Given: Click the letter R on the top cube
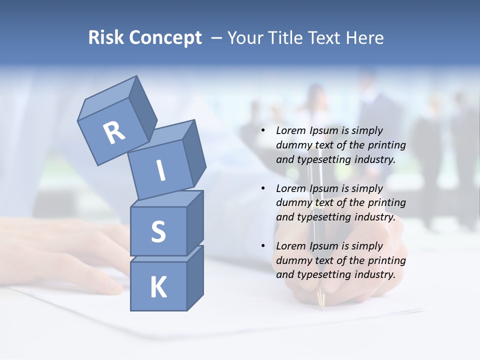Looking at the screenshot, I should [x=114, y=133].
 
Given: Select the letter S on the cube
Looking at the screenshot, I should [x=158, y=231].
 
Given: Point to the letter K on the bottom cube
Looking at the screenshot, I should [x=158, y=287].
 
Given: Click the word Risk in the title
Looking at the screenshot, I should [x=106, y=37].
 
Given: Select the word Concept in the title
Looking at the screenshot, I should [x=166, y=38].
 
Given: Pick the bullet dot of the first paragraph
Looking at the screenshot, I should [x=262, y=131].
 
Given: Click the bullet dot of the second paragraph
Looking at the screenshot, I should [x=262, y=189].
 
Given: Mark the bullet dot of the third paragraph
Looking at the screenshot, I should [x=262, y=246].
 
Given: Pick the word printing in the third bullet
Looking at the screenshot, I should [x=387, y=260].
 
